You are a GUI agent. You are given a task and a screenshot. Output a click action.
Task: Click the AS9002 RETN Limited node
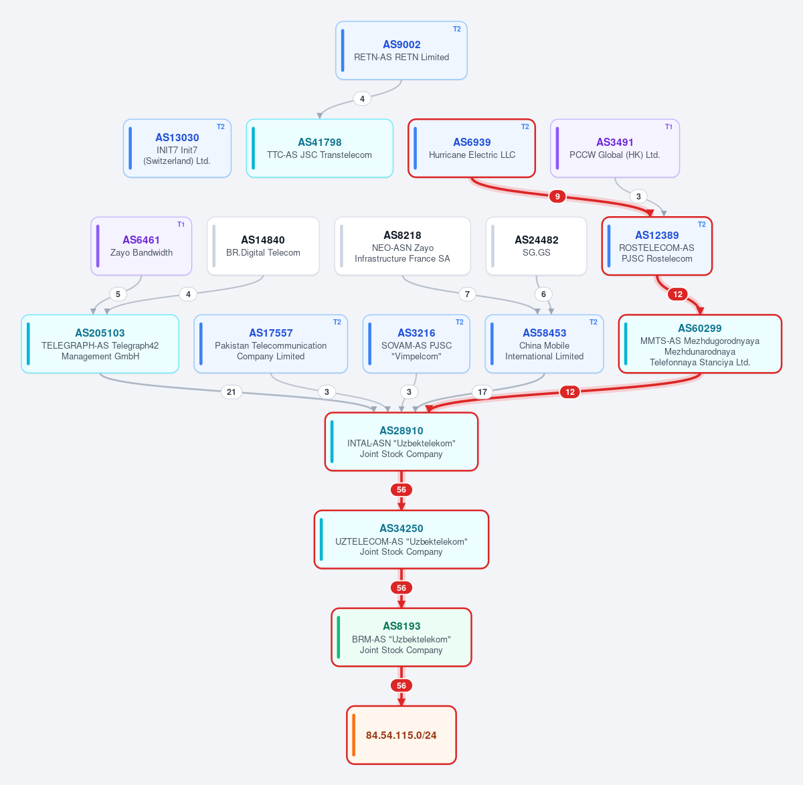401,50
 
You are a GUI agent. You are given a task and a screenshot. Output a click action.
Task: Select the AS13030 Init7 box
177,148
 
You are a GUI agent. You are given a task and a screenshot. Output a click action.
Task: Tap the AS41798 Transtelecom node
319,148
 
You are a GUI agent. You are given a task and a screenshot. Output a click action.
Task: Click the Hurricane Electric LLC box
472,148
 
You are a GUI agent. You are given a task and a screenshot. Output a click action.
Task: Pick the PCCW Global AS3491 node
615,148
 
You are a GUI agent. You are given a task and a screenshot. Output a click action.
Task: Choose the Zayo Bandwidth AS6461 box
141,246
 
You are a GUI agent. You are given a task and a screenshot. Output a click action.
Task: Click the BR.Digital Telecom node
263,246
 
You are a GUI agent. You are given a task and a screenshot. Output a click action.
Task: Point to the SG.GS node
536,246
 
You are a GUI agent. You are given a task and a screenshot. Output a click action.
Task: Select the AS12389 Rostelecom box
657,246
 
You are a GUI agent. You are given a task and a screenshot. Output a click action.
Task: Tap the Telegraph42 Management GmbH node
100,344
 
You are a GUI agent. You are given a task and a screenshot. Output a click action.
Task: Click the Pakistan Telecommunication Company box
271,344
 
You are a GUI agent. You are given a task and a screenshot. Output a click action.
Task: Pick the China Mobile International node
544,344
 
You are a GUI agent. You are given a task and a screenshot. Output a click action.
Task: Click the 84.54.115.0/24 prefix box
401,735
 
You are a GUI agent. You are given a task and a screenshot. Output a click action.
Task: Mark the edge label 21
231,391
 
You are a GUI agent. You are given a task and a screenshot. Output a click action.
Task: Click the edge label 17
482,391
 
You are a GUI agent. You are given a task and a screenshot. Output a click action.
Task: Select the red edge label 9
557,197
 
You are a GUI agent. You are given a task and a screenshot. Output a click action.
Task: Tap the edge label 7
467,294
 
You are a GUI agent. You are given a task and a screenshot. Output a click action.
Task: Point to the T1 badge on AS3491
668,126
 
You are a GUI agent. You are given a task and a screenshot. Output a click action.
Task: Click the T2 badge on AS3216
459,323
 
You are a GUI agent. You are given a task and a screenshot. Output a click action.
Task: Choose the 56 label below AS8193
401,685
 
